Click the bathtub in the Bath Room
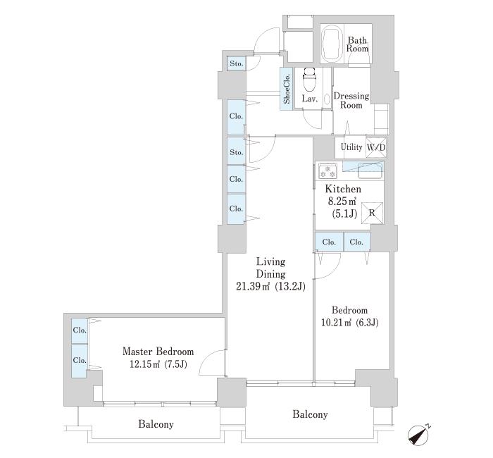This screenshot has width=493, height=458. (332, 44)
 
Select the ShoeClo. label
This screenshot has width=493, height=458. (287, 89)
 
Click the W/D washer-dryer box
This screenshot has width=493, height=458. (376, 147)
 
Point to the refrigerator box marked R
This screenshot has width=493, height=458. (372, 213)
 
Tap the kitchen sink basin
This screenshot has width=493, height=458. (371, 171)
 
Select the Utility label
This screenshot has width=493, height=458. (351, 147)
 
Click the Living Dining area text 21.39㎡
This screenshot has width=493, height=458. (253, 286)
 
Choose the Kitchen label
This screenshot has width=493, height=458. (343, 189)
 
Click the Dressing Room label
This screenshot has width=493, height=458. (351, 100)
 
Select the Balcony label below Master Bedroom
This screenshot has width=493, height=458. (156, 424)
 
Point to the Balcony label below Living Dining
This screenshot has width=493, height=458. (310, 414)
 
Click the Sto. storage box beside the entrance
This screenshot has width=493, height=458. (237, 63)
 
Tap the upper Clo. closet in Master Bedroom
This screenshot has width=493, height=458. (79, 330)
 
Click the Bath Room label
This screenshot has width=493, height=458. (357, 44)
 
